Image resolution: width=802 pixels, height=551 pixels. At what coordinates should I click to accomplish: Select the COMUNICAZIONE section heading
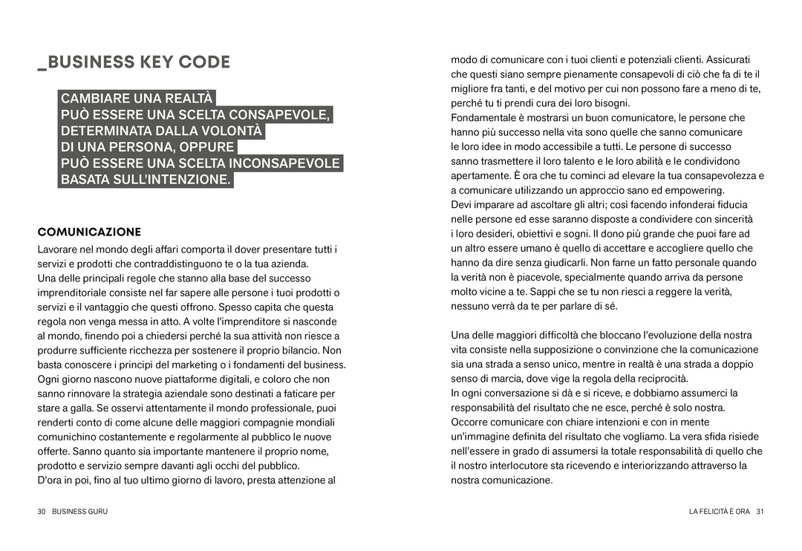click(89, 232)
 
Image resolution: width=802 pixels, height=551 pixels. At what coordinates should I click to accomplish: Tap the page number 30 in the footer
click(42, 512)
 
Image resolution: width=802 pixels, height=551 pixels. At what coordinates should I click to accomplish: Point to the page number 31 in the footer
click(760, 512)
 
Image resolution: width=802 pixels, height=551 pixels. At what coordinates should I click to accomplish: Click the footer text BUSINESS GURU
click(79, 512)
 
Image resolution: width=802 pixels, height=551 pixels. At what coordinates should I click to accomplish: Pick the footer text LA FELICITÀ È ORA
click(720, 512)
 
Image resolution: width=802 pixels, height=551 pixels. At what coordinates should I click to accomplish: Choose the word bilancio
click(299, 351)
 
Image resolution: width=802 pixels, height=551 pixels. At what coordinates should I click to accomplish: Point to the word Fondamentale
click(484, 118)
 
